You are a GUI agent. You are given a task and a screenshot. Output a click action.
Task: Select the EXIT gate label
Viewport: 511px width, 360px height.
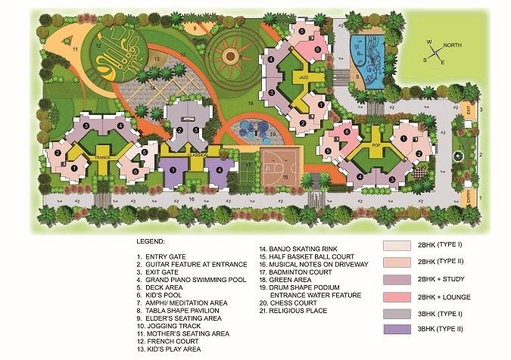point(469,110)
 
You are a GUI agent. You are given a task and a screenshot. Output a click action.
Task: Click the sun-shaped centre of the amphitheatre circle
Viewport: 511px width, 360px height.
point(232,54)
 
